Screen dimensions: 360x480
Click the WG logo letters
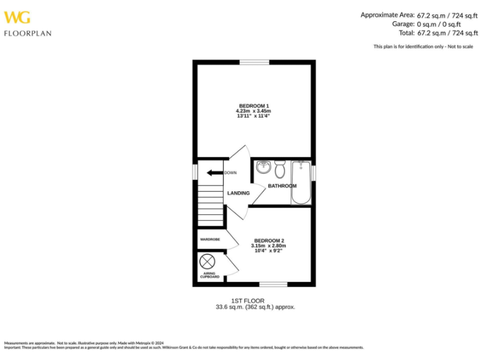tap(17, 17)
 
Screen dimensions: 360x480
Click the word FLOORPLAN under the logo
tap(27, 33)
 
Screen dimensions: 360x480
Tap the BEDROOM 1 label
tap(254, 105)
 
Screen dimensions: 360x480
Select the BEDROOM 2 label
tap(269, 241)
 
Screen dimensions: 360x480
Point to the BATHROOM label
tap(282, 186)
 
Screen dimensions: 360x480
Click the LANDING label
tap(238, 193)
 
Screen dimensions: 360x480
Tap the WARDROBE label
tap(210, 239)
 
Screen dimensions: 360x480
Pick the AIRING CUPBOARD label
tap(210, 275)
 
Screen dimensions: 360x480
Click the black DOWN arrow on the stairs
tap(215, 172)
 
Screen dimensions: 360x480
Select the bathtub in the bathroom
tap(301, 182)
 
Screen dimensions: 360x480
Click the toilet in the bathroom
tap(280, 169)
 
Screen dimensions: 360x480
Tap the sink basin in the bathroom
tap(263, 167)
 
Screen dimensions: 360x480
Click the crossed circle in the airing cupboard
tap(207, 262)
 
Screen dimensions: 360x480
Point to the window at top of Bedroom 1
tap(254, 61)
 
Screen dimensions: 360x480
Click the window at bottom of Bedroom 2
tap(273, 285)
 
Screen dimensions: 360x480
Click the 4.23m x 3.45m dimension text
tap(254, 111)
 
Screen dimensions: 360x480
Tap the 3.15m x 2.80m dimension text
tap(269, 246)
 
